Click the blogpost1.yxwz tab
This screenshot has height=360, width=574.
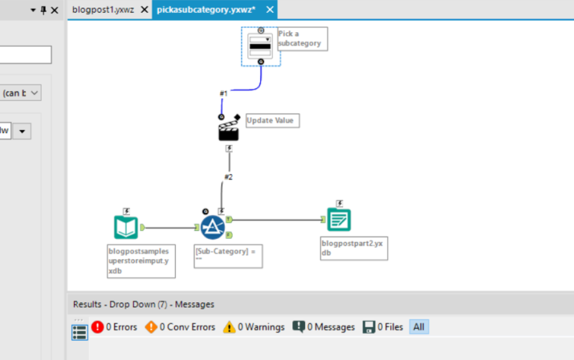point(103,10)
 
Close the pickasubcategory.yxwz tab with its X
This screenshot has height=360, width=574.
point(271,10)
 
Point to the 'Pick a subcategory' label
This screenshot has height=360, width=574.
point(301,38)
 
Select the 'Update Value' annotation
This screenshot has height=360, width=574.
point(272,120)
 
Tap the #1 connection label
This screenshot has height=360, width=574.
point(223,93)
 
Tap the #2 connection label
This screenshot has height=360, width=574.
point(229,177)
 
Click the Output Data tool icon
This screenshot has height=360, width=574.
point(339,220)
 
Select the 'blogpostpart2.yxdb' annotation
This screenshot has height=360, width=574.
point(354,248)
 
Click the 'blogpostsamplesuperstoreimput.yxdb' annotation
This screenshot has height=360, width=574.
point(141,261)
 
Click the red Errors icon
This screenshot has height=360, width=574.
point(97,327)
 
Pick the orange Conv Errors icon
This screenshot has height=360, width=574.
point(151,327)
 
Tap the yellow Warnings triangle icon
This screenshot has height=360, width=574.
point(229,327)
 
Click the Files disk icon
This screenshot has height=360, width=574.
point(368,327)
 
